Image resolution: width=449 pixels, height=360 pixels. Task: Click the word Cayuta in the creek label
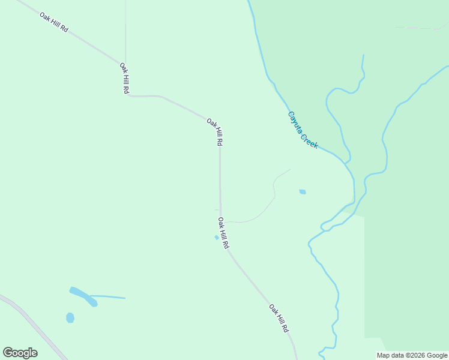coord(295,122)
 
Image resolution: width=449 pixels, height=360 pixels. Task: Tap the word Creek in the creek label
coord(309,142)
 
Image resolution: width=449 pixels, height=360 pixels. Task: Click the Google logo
coord(20,352)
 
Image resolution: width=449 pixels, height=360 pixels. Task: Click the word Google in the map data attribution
coord(437,355)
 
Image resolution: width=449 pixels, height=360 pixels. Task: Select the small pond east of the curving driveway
coord(303,192)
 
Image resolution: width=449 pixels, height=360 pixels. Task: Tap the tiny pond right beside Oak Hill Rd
coord(217,238)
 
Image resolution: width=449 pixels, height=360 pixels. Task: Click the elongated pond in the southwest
coord(83,296)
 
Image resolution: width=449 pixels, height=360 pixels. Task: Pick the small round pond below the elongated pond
coord(70,317)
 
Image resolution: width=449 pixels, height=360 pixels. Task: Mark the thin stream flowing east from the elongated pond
coord(111,296)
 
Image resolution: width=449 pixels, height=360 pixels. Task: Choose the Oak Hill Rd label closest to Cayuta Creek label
coord(215,132)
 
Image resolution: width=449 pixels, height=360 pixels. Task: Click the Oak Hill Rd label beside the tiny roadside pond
coord(223,233)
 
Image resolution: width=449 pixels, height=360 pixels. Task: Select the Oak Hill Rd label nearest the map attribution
coord(279,319)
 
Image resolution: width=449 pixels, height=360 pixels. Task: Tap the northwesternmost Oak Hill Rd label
coord(54,22)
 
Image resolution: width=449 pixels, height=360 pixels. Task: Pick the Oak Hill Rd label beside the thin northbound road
coord(124,77)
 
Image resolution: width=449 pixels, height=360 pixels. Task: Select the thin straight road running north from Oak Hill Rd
coord(125,30)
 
